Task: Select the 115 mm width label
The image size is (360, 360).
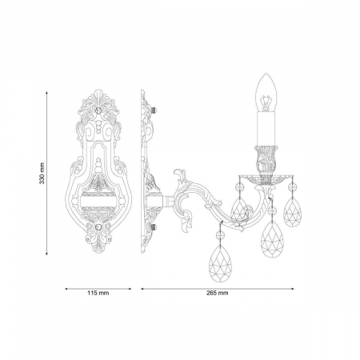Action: (97, 294)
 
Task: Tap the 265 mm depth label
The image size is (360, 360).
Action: (217, 294)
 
